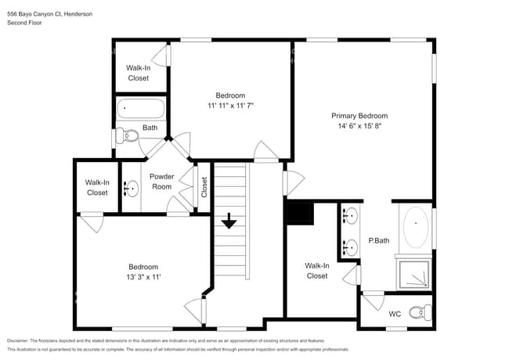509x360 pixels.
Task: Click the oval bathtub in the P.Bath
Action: pos(415,228)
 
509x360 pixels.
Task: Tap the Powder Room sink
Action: pos(132,189)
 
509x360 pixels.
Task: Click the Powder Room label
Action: pos(161,182)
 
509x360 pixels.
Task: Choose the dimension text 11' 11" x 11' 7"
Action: pos(230,106)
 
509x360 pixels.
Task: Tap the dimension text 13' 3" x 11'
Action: pos(143,277)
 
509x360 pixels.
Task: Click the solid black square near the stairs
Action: pos(299,213)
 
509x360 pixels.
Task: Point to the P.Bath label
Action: pos(379,240)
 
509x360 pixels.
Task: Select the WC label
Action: pos(395,314)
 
